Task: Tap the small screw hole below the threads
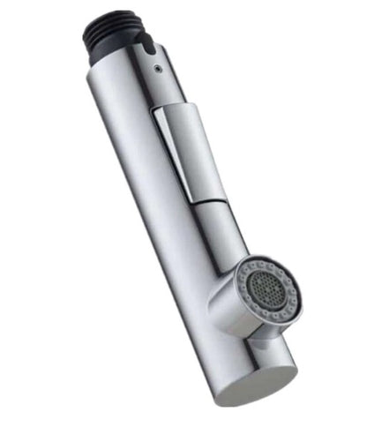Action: (157, 65)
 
